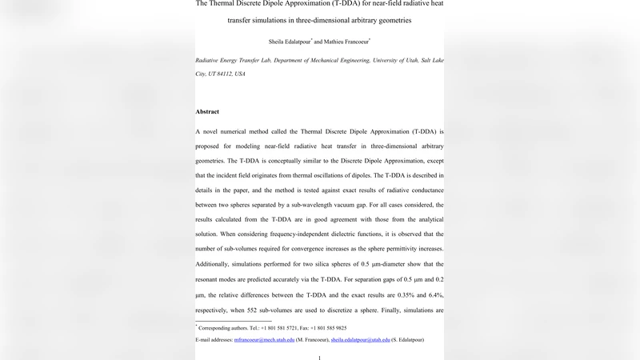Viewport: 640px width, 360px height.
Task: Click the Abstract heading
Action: tap(207, 111)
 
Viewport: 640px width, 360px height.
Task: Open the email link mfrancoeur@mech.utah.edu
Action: tap(264, 340)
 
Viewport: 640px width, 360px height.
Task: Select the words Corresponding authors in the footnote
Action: tap(225, 328)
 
